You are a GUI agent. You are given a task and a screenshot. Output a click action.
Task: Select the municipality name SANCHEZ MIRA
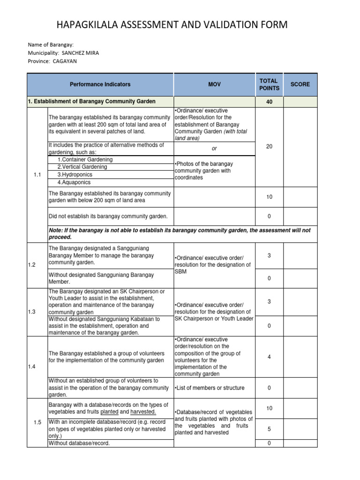pos(81,52)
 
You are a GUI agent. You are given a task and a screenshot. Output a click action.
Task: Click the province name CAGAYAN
pos(65,61)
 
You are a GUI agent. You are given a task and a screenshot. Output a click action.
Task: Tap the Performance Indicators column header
pos(100,84)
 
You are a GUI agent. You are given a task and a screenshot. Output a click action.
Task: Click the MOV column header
pos(214,84)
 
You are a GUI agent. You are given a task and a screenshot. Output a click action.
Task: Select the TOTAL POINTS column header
pos(269,84)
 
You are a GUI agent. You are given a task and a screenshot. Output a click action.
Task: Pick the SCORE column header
pos(300,84)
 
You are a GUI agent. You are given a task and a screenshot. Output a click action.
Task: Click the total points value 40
pos(269,102)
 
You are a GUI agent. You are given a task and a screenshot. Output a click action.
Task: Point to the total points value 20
pos(269,147)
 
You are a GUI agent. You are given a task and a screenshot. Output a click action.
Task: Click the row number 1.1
pos(37,174)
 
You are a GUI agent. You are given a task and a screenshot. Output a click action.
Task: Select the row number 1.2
pos(32,265)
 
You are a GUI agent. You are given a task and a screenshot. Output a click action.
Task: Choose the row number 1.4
pos(32,367)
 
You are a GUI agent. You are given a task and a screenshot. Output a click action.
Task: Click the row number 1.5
pos(37,422)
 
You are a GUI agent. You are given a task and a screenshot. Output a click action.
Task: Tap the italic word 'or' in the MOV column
pos(214,148)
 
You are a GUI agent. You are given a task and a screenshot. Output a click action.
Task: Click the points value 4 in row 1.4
pos(269,357)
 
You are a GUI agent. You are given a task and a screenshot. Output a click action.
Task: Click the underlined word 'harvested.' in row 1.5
pos(143,412)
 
